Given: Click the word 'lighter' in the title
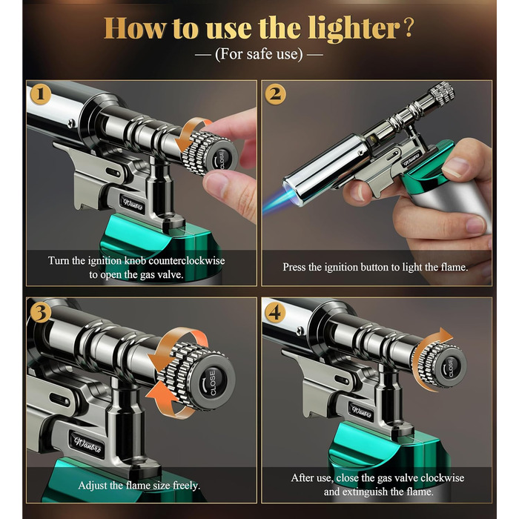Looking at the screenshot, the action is click(x=354, y=29).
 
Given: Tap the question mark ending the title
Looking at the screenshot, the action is click(x=409, y=28).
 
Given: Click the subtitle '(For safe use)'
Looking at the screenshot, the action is click(x=259, y=54).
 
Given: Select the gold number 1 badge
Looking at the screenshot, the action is click(x=40, y=94).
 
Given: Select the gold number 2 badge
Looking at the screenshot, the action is click(x=275, y=94).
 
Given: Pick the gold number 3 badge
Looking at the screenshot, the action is click(x=40, y=312).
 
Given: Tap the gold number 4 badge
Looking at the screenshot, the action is click(x=275, y=312).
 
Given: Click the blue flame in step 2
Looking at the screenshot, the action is click(x=277, y=201).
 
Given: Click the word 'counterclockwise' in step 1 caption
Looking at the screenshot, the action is click(x=187, y=260).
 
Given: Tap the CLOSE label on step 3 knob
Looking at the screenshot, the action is click(x=213, y=383).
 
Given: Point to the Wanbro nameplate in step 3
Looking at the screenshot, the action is click(x=87, y=444).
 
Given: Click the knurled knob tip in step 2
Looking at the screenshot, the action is click(x=442, y=93).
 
